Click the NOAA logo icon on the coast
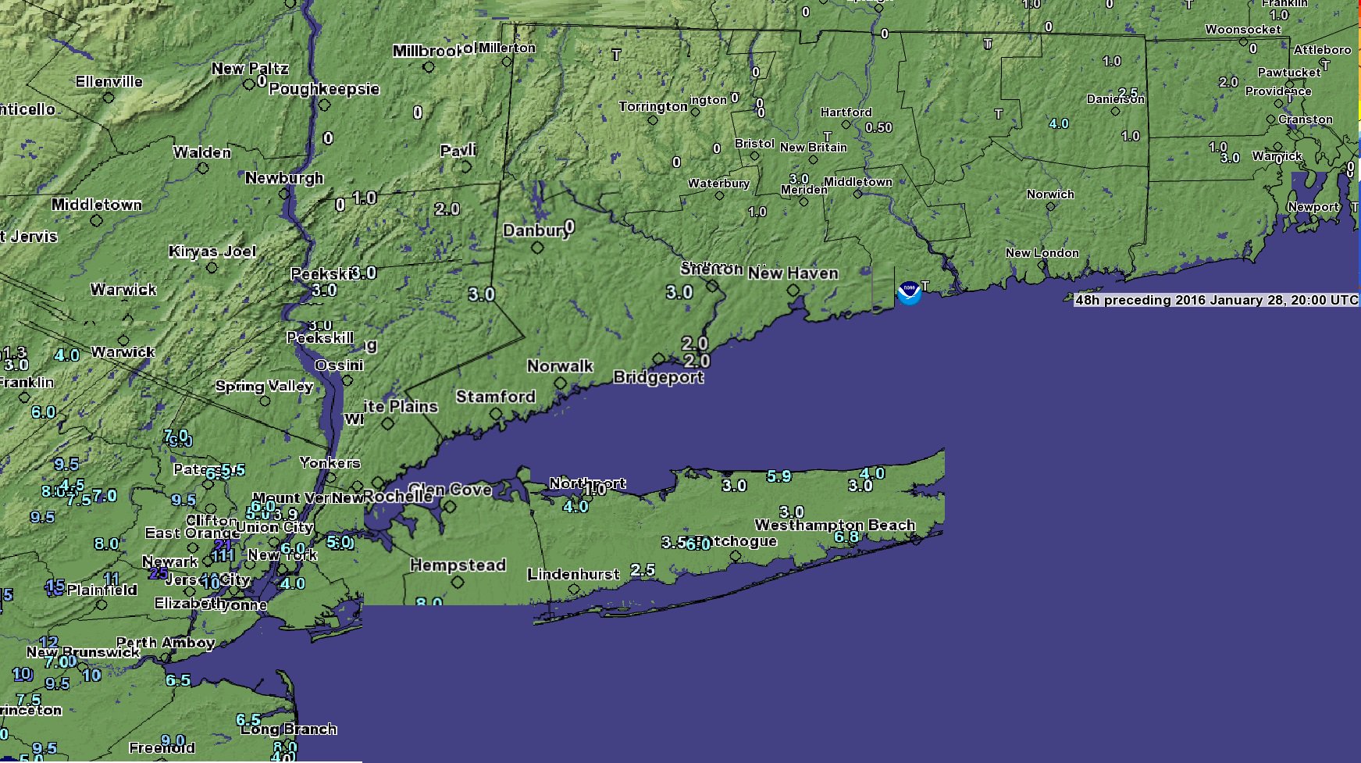click(x=909, y=293)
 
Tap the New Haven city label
click(x=793, y=273)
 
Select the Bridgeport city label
click(x=658, y=377)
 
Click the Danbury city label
click(x=536, y=230)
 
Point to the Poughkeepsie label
click(x=324, y=89)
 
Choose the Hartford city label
click(x=846, y=112)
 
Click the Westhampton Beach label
click(x=835, y=525)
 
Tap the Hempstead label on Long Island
click(x=458, y=565)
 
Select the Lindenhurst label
click(x=573, y=575)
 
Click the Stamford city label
click(x=495, y=397)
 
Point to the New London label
click(x=1042, y=253)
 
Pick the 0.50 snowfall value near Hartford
click(x=878, y=127)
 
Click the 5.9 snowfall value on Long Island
click(x=778, y=476)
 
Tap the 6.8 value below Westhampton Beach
click(x=846, y=537)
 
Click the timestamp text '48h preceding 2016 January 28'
click(x=1216, y=300)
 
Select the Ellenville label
click(x=109, y=82)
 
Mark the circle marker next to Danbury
click(x=537, y=248)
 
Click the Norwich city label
click(x=1050, y=194)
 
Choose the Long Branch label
click(x=289, y=729)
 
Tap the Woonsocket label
click(x=1242, y=30)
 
